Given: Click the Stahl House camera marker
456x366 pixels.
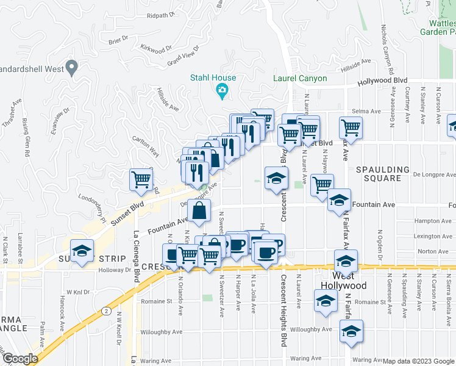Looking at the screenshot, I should coord(222,92).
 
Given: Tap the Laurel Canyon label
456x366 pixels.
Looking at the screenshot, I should coord(300,79).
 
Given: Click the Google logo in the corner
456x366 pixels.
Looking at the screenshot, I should coord(20,359).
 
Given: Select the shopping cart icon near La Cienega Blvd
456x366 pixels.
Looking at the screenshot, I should coord(141,180).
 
